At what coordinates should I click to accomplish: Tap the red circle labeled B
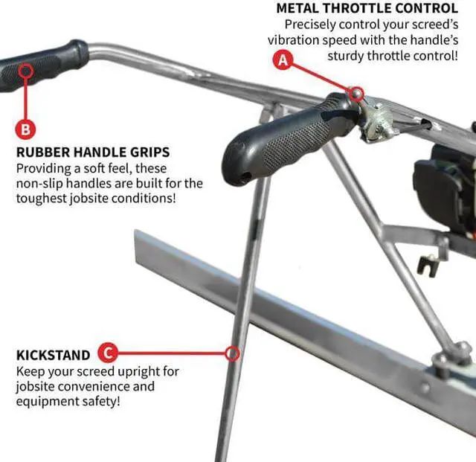tap(25, 129)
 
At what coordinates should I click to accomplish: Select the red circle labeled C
tap(109, 353)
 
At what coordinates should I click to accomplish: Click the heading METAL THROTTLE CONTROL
tap(367, 8)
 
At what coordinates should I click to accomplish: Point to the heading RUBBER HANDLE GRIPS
tap(93, 153)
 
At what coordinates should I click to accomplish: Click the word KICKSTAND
tap(53, 355)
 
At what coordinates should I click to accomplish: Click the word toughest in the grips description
tap(44, 199)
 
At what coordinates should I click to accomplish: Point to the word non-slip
tap(43, 183)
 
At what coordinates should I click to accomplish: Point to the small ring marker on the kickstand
tap(233, 353)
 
